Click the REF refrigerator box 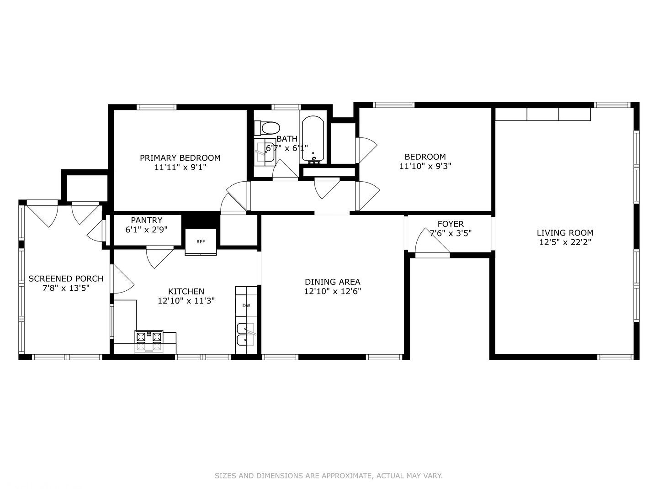[201, 241]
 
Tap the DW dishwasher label [246, 305]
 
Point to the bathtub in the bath [313, 139]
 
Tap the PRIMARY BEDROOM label [180, 158]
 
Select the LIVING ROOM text [565, 233]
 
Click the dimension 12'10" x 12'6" [333, 291]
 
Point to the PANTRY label [147, 220]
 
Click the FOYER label [451, 224]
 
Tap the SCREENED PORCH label [66, 278]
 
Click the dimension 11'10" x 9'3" [425, 166]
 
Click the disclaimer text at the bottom [329, 476]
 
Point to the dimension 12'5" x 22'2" [565, 242]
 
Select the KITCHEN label [186, 291]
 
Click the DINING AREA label [333, 282]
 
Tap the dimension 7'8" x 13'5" [66, 288]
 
